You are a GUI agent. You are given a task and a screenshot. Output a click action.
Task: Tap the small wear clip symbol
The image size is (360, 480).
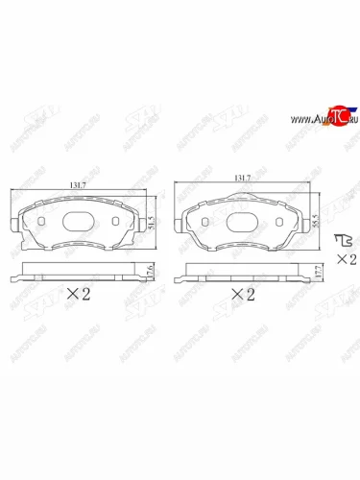pos(340,240)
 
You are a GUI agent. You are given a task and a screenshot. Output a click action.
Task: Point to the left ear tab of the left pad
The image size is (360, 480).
pos(13,227)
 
